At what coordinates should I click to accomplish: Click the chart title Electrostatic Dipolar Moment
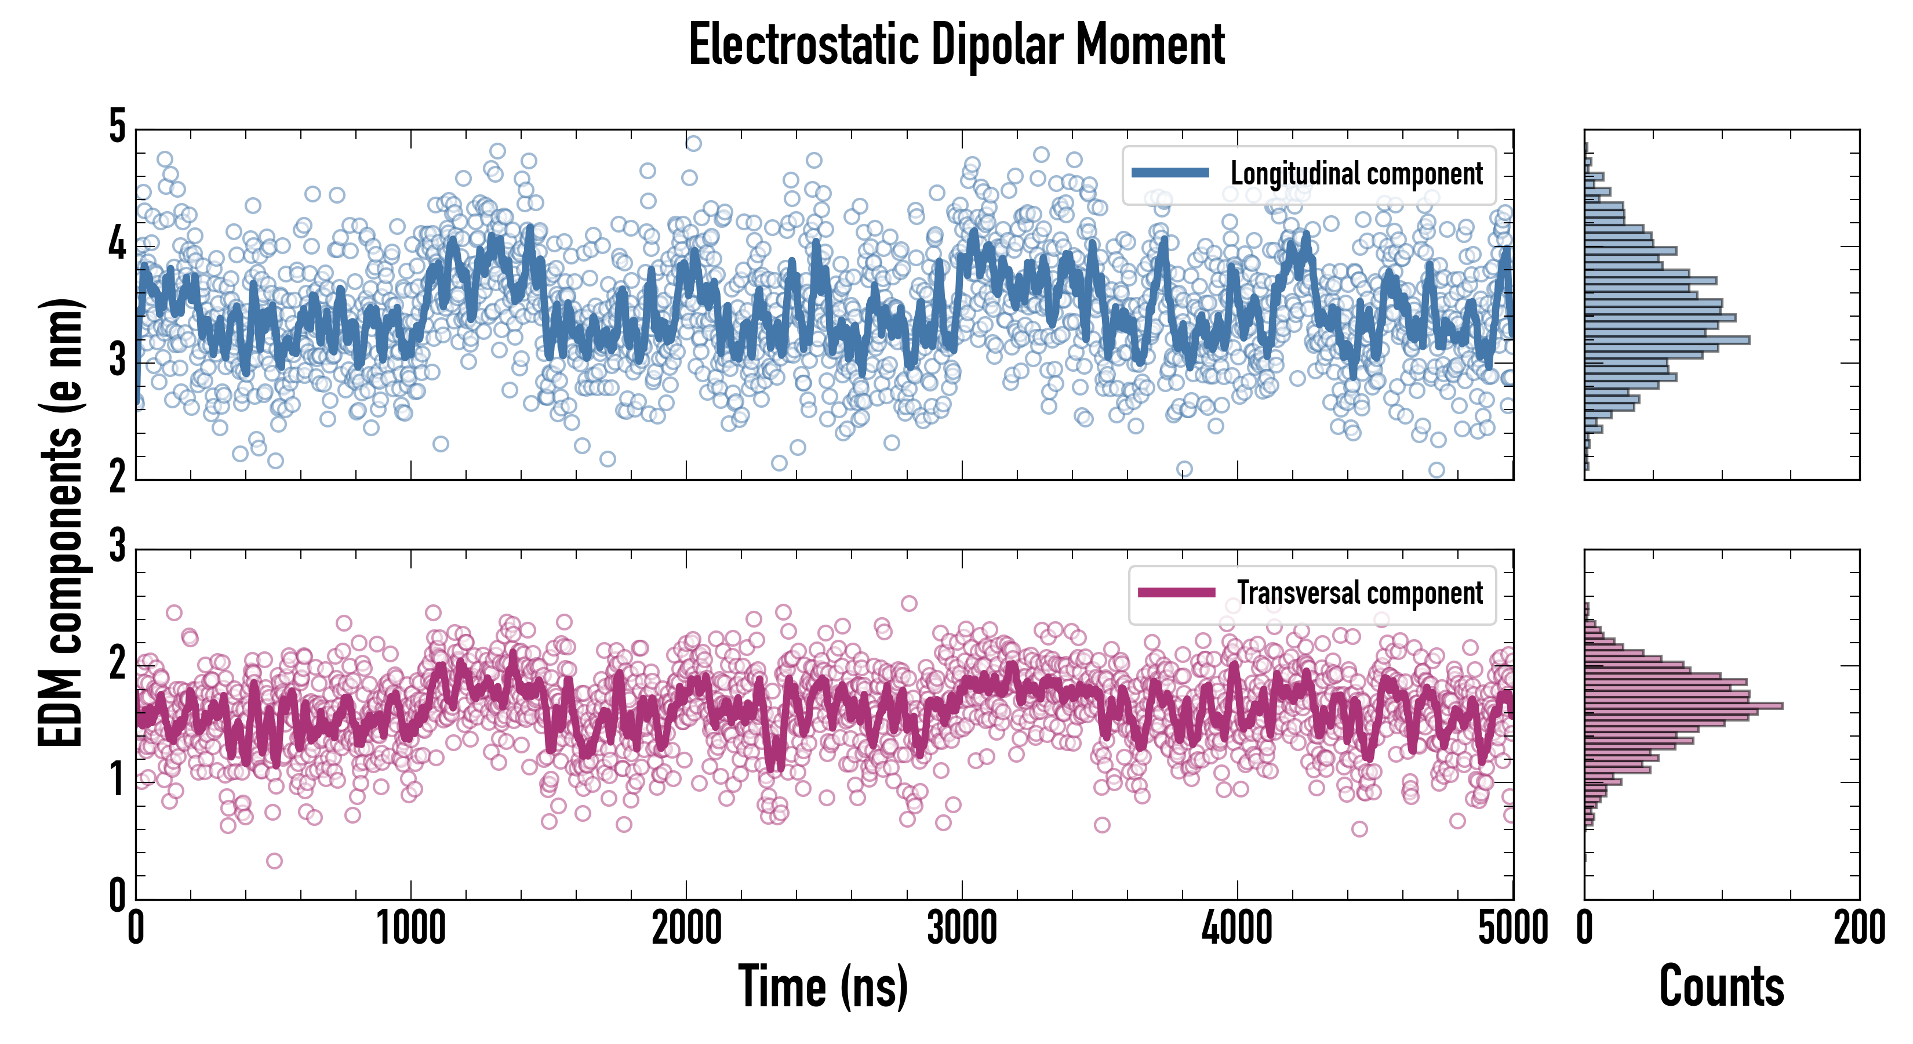(x=956, y=45)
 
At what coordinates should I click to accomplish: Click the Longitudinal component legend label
(x=1356, y=173)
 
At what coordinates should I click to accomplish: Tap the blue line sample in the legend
(x=1170, y=172)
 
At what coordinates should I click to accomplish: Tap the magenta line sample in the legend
(x=1176, y=592)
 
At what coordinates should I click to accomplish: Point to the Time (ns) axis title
(x=823, y=986)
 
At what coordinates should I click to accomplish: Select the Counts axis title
(x=1721, y=986)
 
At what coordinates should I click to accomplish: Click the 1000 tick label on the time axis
(x=410, y=929)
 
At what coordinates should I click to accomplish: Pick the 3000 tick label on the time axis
(x=962, y=929)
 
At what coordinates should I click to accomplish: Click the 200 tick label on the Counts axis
(x=1859, y=929)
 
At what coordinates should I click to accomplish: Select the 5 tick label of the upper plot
(x=117, y=127)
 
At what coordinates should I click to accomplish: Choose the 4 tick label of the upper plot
(x=117, y=244)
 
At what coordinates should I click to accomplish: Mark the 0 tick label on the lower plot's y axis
(x=117, y=896)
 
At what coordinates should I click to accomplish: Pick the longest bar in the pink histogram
(x=1683, y=705)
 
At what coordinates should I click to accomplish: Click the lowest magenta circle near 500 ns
(x=274, y=861)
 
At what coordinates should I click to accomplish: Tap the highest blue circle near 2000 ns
(x=693, y=143)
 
